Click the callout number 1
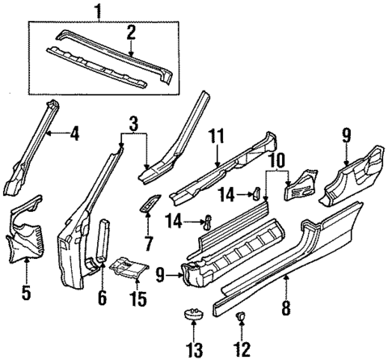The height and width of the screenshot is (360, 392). click(98, 11)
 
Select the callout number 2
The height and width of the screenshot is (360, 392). click(131, 32)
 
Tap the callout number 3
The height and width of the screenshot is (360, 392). click(133, 124)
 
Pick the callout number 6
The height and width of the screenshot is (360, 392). click(102, 298)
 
